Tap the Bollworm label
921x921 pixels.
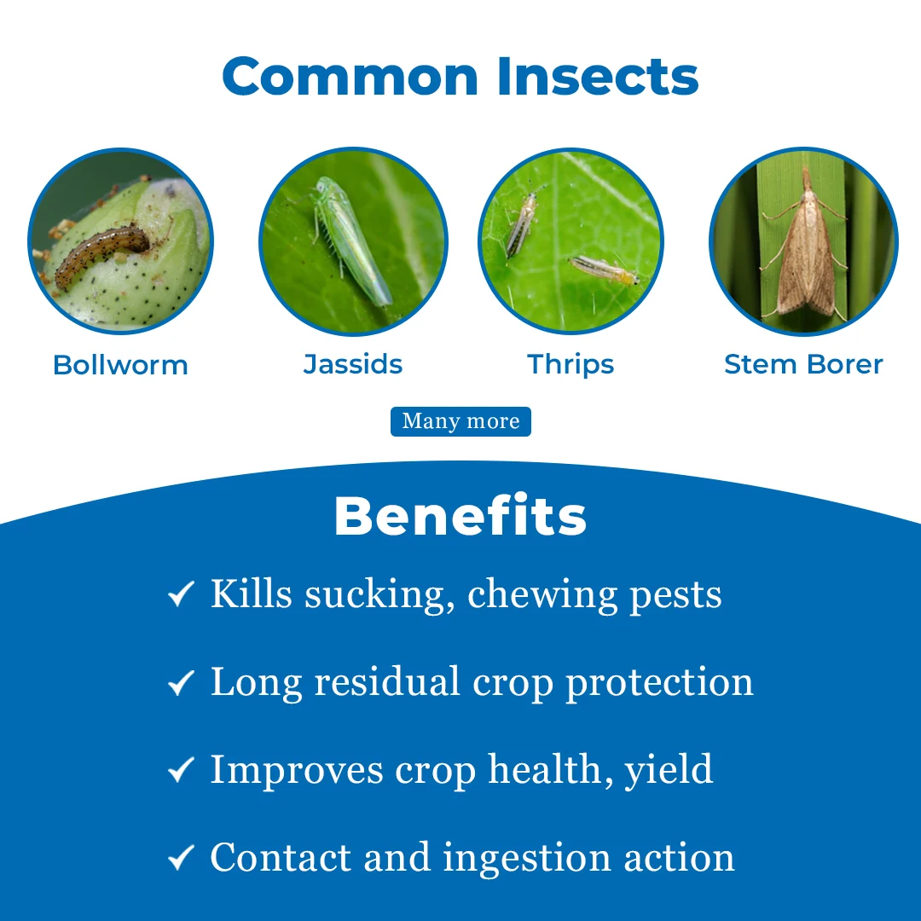(120, 365)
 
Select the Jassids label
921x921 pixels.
(353, 364)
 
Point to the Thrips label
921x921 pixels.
(571, 364)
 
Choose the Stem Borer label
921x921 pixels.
(803, 364)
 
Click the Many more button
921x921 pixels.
(460, 421)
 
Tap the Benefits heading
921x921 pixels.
(460, 517)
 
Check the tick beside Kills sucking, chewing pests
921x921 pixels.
(181, 594)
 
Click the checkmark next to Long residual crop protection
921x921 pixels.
(181, 683)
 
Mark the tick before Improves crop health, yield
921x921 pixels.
(181, 771)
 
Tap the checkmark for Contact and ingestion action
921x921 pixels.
(181, 859)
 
